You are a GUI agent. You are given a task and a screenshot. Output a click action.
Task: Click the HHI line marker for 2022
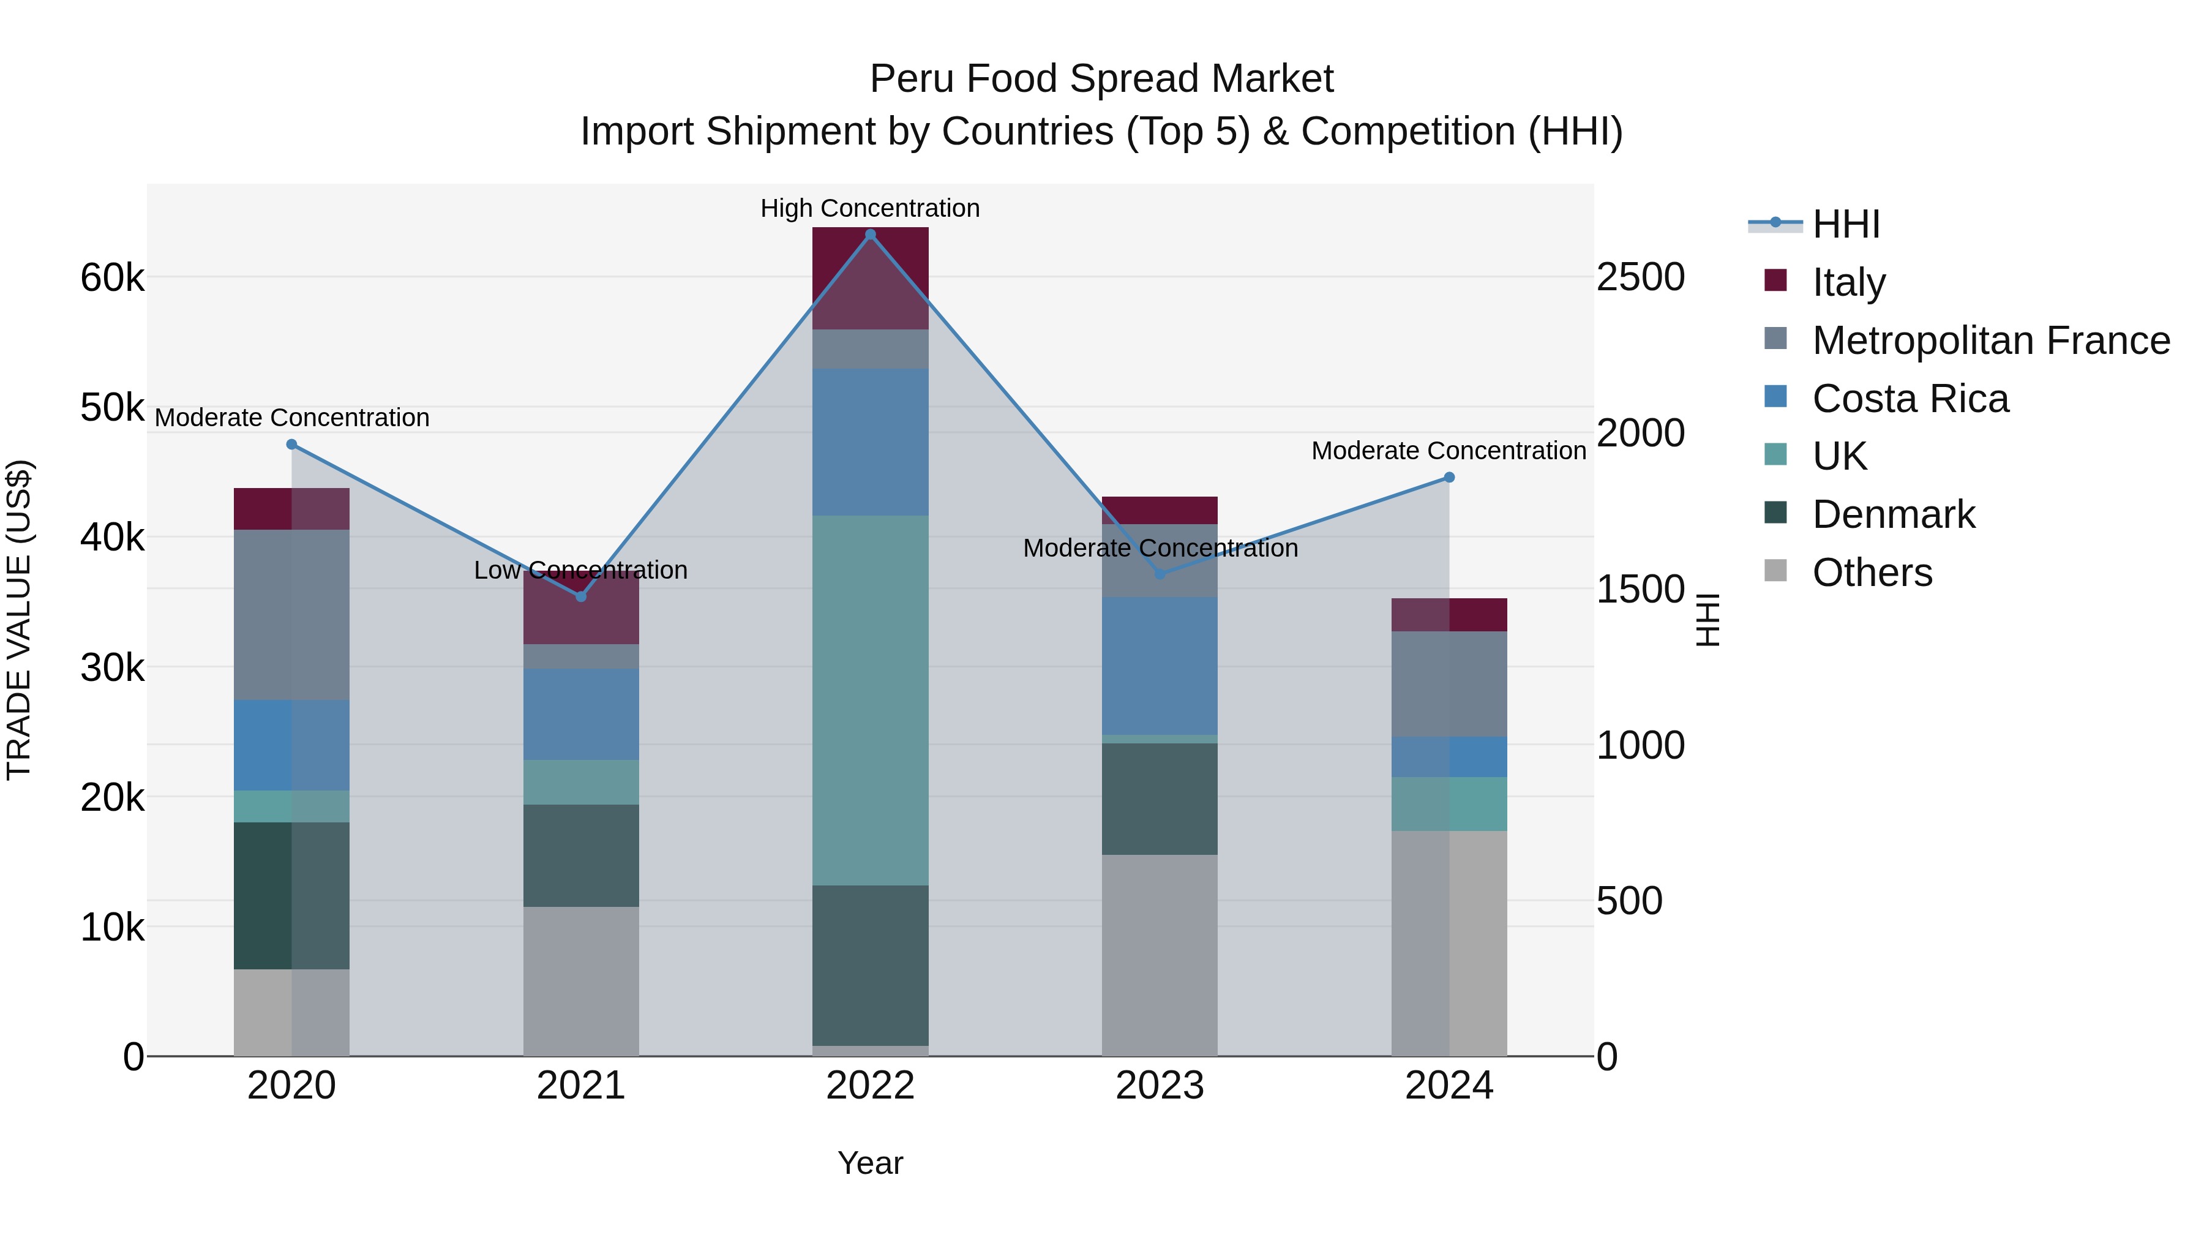coord(870,235)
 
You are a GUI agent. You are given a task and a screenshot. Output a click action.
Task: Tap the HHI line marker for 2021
coord(581,596)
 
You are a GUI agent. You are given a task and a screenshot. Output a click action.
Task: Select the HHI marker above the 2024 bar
coord(1449,478)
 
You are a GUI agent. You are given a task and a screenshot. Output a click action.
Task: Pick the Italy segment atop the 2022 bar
coord(870,278)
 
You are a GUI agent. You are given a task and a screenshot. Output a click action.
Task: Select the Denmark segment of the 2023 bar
coord(1160,798)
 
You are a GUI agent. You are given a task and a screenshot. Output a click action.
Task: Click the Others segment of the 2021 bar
coord(581,981)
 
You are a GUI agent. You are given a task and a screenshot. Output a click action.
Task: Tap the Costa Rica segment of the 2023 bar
coord(1160,665)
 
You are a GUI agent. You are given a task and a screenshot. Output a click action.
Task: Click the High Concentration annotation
coord(870,208)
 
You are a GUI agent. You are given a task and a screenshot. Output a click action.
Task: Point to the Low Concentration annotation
coord(581,570)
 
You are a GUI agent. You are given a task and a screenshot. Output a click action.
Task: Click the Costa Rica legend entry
coord(1910,399)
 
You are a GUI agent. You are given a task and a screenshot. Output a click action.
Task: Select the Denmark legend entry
coord(1894,514)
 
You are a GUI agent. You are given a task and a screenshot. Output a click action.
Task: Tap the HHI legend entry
coord(1845,224)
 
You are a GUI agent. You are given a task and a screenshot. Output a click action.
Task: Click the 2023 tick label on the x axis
coord(1160,1086)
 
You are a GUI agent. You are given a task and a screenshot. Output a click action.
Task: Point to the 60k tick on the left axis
coord(112,277)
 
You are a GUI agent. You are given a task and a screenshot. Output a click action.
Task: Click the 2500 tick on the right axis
coord(1640,277)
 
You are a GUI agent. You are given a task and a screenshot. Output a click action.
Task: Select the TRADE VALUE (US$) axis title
coord(19,620)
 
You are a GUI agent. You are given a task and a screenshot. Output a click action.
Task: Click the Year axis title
coord(870,1163)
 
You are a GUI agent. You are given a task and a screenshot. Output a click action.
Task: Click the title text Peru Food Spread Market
coord(1101,79)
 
